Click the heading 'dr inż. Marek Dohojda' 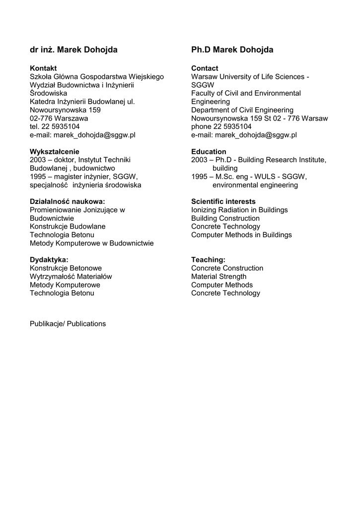pyautogui.click(x=73, y=50)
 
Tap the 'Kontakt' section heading pyautogui.click(x=43, y=68)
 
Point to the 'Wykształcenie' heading pyautogui.click(x=55, y=151)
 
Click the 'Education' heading pyautogui.click(x=209, y=151)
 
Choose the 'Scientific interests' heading pyautogui.click(x=223, y=201)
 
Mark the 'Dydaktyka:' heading pyautogui.click(x=49, y=259)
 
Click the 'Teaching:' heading pyautogui.click(x=208, y=259)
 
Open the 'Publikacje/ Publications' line pyautogui.click(x=68, y=323)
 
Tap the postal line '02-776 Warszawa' pyautogui.click(x=59, y=118)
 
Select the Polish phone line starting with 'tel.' pyautogui.click(x=55, y=127)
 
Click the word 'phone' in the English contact pyautogui.click(x=201, y=127)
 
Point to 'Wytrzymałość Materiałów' pyautogui.click(x=71, y=276)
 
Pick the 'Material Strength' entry pyautogui.click(x=218, y=276)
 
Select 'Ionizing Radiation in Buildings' pyautogui.click(x=239, y=210)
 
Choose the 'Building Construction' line pyautogui.click(x=225, y=218)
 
